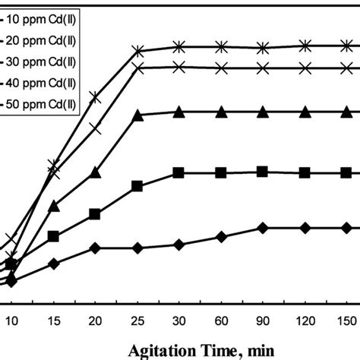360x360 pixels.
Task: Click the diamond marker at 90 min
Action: click(263, 228)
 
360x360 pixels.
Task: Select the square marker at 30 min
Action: click(179, 173)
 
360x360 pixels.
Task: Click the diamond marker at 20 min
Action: click(95, 248)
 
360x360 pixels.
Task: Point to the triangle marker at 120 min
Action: click(305, 112)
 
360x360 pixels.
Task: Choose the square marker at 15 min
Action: click(53, 237)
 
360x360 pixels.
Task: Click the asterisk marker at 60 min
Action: click(221, 47)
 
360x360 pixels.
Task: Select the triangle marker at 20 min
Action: click(95, 173)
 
